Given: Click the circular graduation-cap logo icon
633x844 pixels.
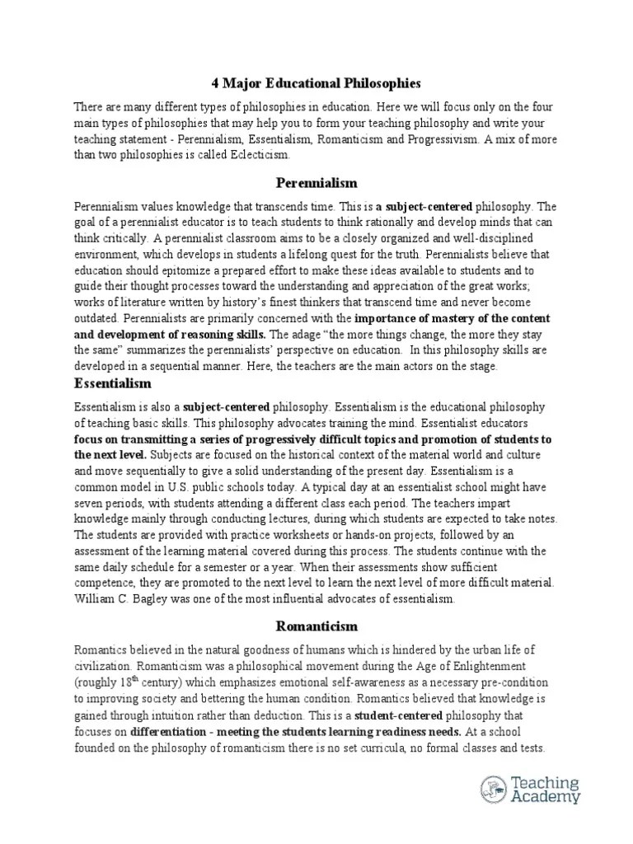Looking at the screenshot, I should (x=495, y=790).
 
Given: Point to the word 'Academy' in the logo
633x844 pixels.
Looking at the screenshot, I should (x=546, y=798).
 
